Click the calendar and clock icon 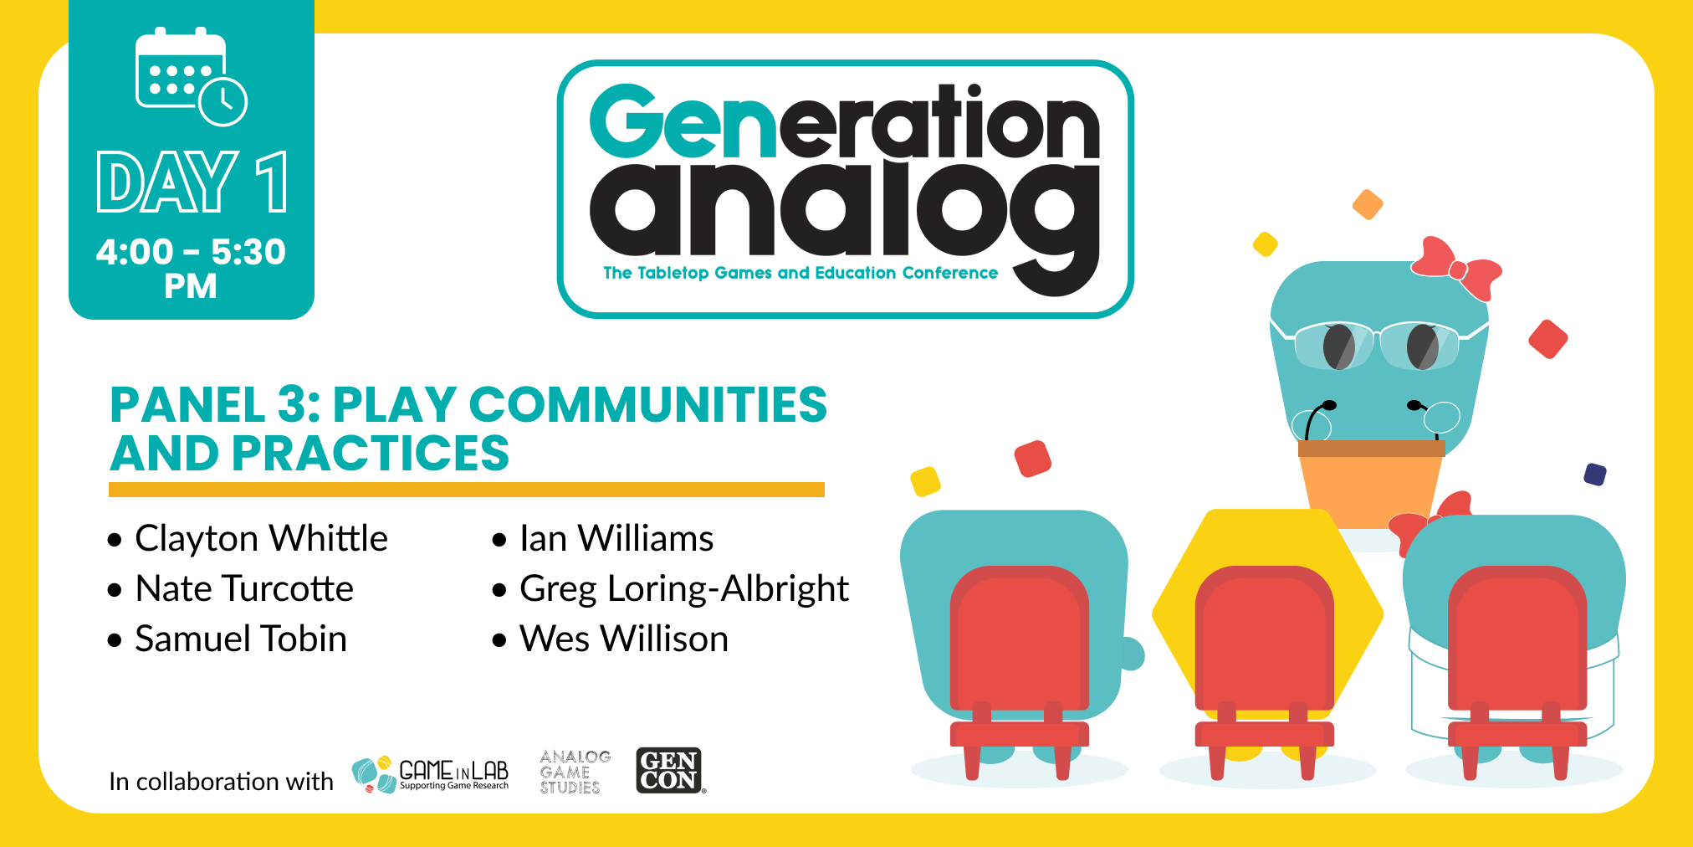coord(191,77)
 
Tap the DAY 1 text coord(192,182)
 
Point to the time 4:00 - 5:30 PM coord(191,268)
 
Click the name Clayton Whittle coord(261,539)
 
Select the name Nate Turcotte coord(244,588)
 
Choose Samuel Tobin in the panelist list coord(241,639)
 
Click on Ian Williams coord(616,538)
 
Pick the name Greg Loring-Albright coord(684,589)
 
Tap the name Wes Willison coord(624,639)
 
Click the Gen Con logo coord(669,770)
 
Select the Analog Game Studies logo coord(575,772)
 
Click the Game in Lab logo coord(430,774)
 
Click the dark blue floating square coord(1595,475)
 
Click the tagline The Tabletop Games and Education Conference coord(800,273)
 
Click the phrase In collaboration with coord(221,782)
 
